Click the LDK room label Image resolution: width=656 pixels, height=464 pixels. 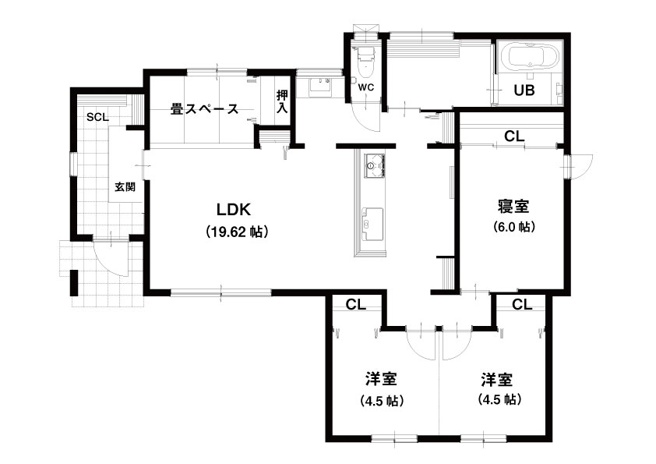pyautogui.click(x=234, y=210)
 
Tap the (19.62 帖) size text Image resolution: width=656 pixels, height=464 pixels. pyautogui.click(x=237, y=232)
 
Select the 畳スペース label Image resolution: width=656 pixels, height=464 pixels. pyautogui.click(x=205, y=109)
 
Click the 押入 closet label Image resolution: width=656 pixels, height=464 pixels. pyautogui.click(x=282, y=101)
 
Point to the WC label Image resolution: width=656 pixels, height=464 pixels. pyautogui.click(x=365, y=88)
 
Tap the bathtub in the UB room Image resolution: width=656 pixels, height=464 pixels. pyautogui.click(x=529, y=56)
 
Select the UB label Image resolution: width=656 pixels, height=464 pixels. pyautogui.click(x=524, y=90)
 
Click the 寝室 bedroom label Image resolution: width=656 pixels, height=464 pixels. pyautogui.click(x=513, y=207)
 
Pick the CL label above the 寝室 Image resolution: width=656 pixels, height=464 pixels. pyautogui.click(x=514, y=136)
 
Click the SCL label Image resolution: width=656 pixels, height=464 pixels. pyautogui.click(x=97, y=117)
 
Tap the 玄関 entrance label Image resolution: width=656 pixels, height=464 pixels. pyautogui.click(x=125, y=187)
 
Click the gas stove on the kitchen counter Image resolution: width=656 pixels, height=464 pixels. pyautogui.click(x=374, y=165)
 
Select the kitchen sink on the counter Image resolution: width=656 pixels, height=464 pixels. pyautogui.click(x=372, y=223)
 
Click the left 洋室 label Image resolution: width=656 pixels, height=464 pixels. pyautogui.click(x=381, y=379)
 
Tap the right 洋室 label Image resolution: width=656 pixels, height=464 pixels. pyautogui.click(x=496, y=380)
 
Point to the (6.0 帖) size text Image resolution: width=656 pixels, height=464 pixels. pyautogui.click(x=514, y=227)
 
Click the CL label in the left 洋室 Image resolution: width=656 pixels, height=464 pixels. pyautogui.click(x=356, y=304)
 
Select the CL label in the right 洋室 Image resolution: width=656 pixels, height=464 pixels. pyautogui.click(x=522, y=304)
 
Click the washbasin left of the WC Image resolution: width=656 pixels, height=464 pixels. pyautogui.click(x=321, y=87)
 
